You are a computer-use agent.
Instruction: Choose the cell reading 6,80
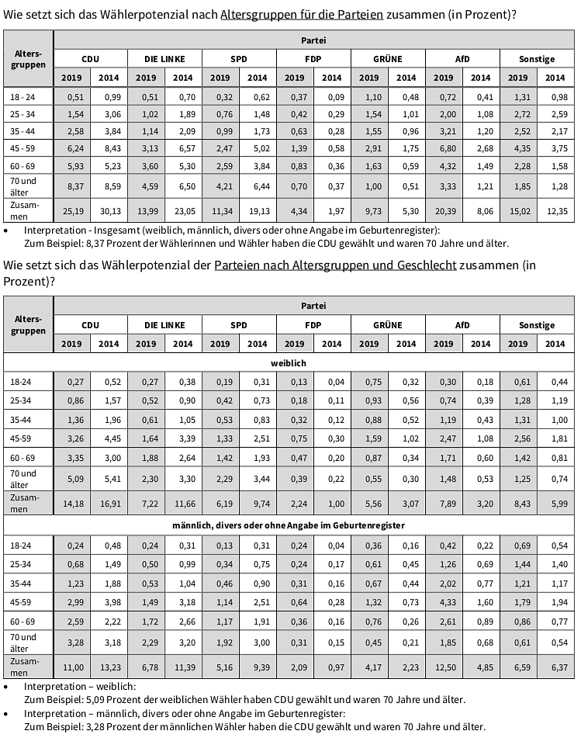(444, 147)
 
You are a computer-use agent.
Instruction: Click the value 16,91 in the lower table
(109, 503)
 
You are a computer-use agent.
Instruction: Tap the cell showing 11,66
(183, 503)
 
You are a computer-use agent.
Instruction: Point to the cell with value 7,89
(444, 503)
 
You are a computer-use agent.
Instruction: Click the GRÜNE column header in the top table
(388, 58)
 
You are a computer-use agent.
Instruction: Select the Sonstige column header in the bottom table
(537, 325)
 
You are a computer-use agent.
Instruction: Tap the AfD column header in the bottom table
(462, 325)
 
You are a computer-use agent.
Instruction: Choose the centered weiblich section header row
(289, 362)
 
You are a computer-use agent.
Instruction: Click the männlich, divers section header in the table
(289, 525)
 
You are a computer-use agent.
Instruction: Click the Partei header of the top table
(313, 39)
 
